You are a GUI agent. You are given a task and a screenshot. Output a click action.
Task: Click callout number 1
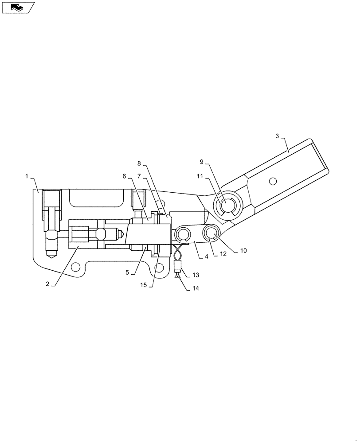coord(27,176)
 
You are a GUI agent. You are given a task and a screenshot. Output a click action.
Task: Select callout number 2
coord(47,284)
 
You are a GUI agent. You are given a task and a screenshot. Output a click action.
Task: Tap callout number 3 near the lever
coord(277,136)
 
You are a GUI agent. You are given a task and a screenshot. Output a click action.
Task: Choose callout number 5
coord(127,272)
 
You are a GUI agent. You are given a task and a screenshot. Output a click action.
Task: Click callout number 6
coord(125,176)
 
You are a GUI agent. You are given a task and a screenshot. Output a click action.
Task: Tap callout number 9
coord(201,162)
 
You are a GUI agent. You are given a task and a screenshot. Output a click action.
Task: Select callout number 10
coord(243,250)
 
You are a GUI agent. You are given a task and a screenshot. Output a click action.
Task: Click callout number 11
coord(200,176)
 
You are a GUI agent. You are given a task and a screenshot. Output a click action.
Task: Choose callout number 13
coord(195,276)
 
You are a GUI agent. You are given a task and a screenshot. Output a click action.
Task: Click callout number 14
coord(196,288)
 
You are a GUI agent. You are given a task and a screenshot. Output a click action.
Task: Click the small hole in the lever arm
coord(273,181)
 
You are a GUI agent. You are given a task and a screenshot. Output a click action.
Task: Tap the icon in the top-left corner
coord(18,7)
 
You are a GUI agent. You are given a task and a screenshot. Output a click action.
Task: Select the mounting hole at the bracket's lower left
coord(76,267)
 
